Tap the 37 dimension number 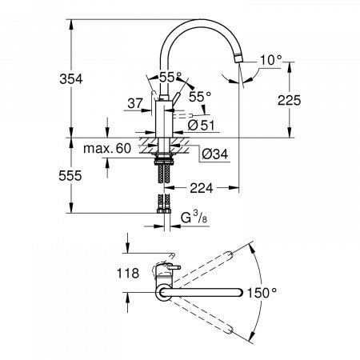[135, 102]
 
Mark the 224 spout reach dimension [204, 190]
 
